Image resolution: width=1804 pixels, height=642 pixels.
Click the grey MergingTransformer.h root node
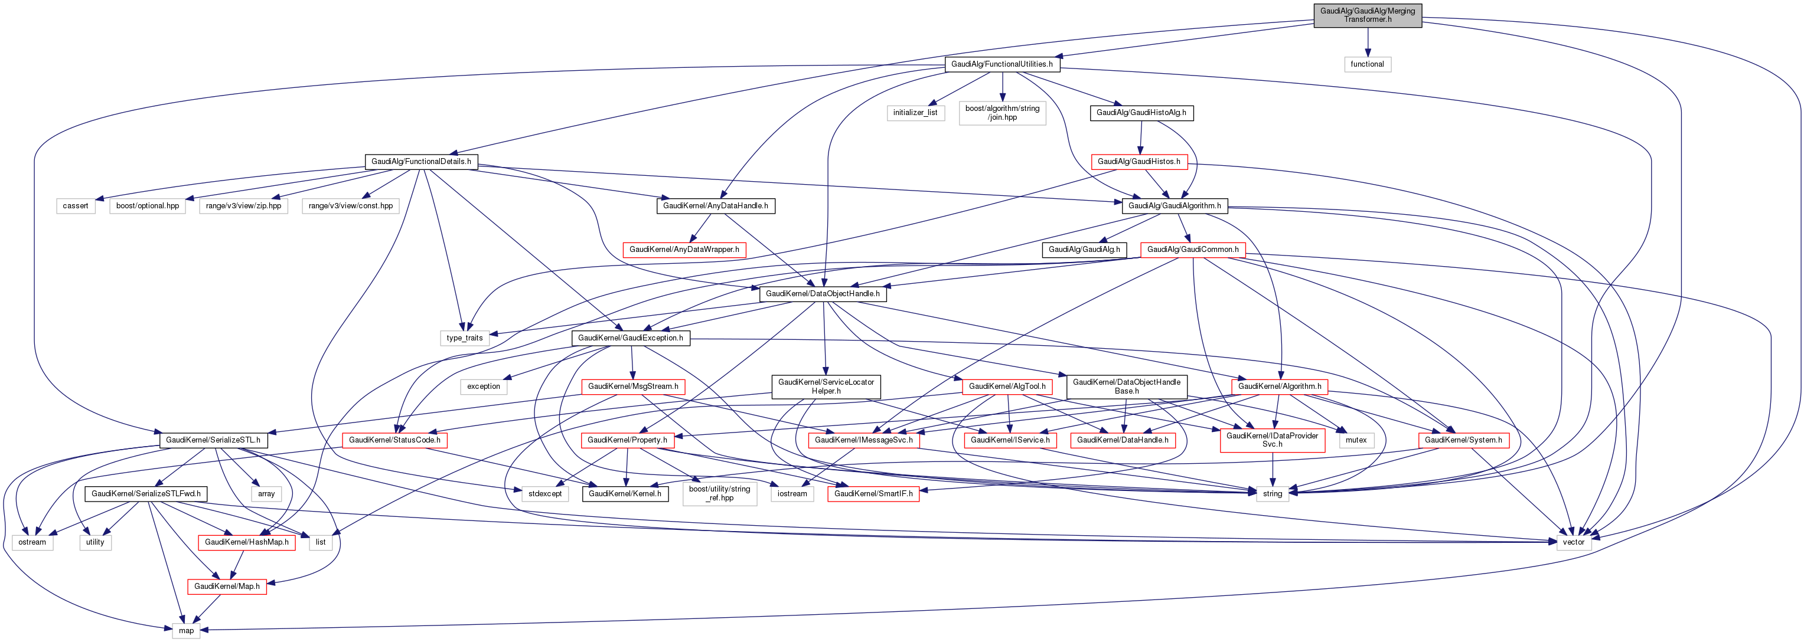coord(1367,15)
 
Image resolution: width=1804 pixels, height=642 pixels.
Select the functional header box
coord(1367,64)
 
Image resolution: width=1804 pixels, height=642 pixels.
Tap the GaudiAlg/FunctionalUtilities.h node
coord(1002,64)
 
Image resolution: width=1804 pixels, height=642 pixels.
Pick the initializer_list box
coord(915,113)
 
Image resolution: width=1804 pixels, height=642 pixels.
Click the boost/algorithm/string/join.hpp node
coord(1002,113)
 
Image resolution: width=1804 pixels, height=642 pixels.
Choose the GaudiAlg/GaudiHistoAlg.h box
coord(1141,113)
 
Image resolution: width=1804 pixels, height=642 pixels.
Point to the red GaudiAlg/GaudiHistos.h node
coord(1138,162)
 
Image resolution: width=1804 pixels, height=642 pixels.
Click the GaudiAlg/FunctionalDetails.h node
coord(421,162)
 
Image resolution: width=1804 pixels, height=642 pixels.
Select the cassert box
coord(76,206)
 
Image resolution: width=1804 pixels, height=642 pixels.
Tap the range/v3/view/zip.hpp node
coord(244,206)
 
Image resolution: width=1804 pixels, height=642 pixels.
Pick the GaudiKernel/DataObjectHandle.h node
coord(823,294)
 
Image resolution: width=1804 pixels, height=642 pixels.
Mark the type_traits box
coord(464,338)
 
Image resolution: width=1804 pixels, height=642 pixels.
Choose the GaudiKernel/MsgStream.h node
coord(633,386)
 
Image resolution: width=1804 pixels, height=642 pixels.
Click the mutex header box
coord(1356,440)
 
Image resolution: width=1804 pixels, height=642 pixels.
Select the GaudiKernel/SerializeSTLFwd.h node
coord(146,493)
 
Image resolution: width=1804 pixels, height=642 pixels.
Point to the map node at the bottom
coord(186,631)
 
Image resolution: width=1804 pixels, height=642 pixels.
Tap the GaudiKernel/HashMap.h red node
coord(246,543)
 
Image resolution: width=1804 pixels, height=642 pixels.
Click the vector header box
coord(1573,543)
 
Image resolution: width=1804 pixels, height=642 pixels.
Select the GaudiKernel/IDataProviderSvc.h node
coord(1272,440)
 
